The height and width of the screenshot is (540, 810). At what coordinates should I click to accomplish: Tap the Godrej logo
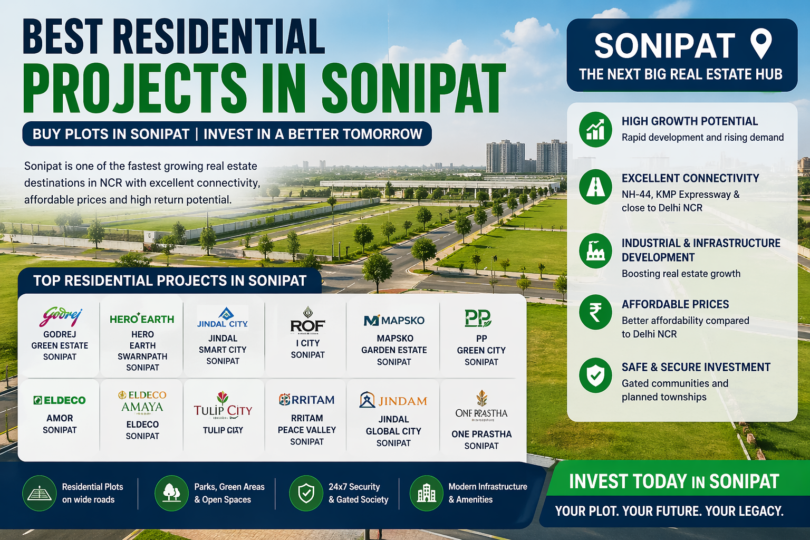click(x=60, y=316)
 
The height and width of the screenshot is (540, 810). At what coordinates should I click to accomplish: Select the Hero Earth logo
click(x=142, y=319)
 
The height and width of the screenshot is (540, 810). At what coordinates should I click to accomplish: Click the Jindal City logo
click(x=223, y=318)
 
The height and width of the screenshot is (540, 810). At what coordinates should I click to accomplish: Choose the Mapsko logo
click(x=394, y=320)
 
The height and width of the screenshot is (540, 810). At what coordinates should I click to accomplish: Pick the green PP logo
click(x=478, y=318)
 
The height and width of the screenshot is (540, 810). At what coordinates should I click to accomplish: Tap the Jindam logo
click(x=393, y=400)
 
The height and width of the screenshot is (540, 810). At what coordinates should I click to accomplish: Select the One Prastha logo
click(x=481, y=406)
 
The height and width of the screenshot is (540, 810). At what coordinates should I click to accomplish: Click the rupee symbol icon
click(x=595, y=313)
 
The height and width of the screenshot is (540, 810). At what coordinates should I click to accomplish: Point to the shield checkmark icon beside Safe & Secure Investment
click(x=595, y=376)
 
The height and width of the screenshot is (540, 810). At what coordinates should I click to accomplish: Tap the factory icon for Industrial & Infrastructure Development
click(x=595, y=251)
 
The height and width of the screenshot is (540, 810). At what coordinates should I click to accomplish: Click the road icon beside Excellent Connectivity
click(x=595, y=187)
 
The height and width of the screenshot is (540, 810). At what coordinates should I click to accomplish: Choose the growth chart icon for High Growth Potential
click(x=595, y=130)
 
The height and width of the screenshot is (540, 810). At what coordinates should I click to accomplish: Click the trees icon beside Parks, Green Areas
click(x=171, y=493)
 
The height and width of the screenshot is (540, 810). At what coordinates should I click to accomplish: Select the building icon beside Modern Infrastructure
click(x=426, y=493)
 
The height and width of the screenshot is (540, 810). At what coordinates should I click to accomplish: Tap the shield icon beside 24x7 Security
click(x=306, y=493)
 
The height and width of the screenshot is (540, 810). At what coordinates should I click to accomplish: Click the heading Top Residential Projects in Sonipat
click(x=170, y=281)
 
